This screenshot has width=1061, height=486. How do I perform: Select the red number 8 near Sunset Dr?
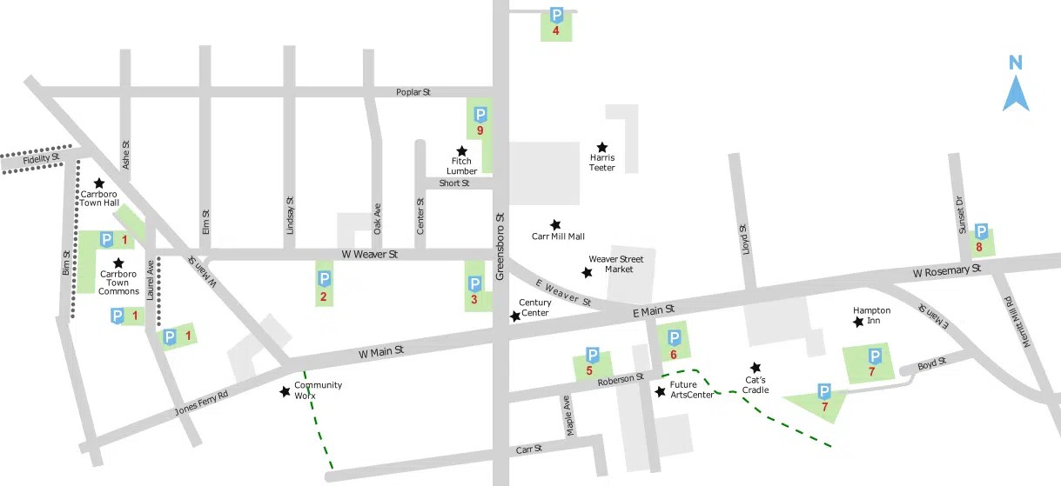pyautogui.click(x=979, y=247)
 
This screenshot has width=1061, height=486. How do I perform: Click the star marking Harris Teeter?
pyautogui.click(x=601, y=147)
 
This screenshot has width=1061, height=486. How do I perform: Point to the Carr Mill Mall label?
pyautogui.click(x=558, y=236)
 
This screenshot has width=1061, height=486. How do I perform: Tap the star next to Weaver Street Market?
pyautogui.click(x=588, y=273)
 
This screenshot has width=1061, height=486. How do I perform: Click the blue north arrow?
pyautogui.click(x=1016, y=93)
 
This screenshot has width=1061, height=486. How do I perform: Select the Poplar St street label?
pyautogui.click(x=413, y=91)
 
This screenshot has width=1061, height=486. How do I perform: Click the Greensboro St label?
pyautogui.click(x=500, y=247)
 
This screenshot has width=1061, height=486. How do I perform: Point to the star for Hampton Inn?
pyautogui.click(x=859, y=322)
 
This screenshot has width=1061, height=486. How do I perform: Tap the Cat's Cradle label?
pyautogui.click(x=755, y=385)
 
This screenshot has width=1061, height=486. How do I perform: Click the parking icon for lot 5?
pyautogui.click(x=592, y=355)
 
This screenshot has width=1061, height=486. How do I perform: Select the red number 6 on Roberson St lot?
pyautogui.click(x=673, y=354)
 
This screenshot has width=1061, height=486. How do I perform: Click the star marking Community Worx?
pyautogui.click(x=285, y=392)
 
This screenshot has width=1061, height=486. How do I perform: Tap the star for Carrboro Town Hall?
pyautogui.click(x=99, y=183)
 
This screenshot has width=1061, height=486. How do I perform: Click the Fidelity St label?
pyautogui.click(x=41, y=159)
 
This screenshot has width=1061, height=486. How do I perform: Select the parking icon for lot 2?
pyautogui.click(x=323, y=279)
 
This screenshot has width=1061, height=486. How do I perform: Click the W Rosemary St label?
pyautogui.click(x=946, y=271)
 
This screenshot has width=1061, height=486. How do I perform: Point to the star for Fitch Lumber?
pyautogui.click(x=462, y=150)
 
